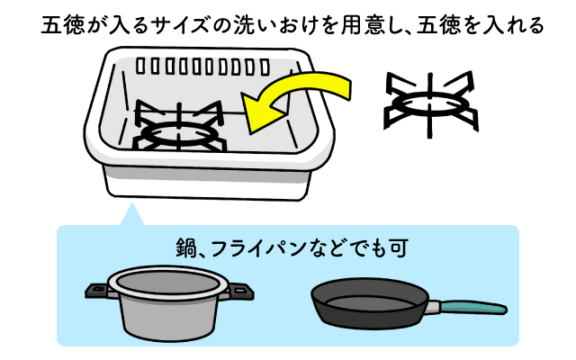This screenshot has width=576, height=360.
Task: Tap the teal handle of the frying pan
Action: tap(473, 307)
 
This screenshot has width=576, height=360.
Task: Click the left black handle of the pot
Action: tap(97, 290)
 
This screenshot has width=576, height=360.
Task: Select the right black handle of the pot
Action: tap(241, 291)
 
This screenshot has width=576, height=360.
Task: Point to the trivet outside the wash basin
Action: tap(430, 104)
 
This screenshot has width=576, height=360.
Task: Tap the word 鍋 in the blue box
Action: tap(186, 248)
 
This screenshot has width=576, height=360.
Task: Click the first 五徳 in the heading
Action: tap(63, 26)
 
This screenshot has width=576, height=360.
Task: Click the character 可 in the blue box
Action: tap(399, 248)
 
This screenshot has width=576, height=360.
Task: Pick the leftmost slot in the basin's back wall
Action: tap(140, 66)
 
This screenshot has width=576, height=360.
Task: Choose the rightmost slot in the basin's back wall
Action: tap(265, 67)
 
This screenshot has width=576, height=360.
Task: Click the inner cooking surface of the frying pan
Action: tap(370, 304)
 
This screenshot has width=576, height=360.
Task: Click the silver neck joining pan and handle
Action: tap(434, 307)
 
